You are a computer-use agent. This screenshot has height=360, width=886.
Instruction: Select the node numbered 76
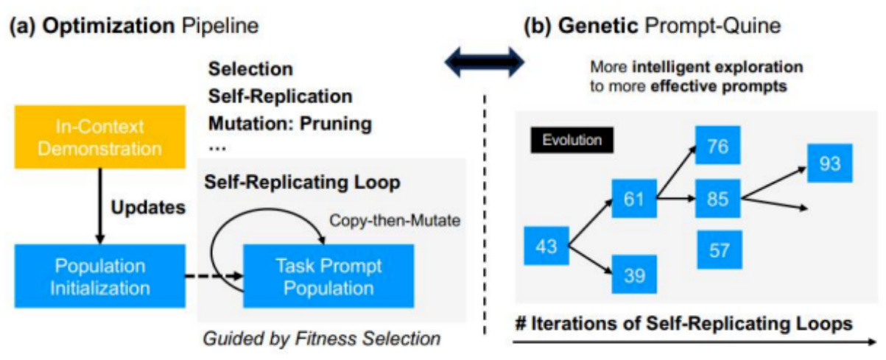click(x=718, y=146)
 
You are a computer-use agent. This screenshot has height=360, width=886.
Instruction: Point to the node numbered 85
click(x=718, y=198)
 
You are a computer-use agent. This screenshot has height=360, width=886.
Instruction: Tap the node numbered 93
click(x=829, y=163)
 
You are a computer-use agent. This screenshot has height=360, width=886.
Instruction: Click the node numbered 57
click(x=718, y=250)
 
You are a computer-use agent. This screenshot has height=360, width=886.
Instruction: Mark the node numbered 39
click(x=634, y=275)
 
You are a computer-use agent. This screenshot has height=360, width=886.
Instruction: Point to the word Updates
click(x=148, y=208)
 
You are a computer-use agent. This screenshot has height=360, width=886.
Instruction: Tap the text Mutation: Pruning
click(x=289, y=123)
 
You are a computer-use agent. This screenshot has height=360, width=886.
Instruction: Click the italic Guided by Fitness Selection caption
click(x=322, y=339)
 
